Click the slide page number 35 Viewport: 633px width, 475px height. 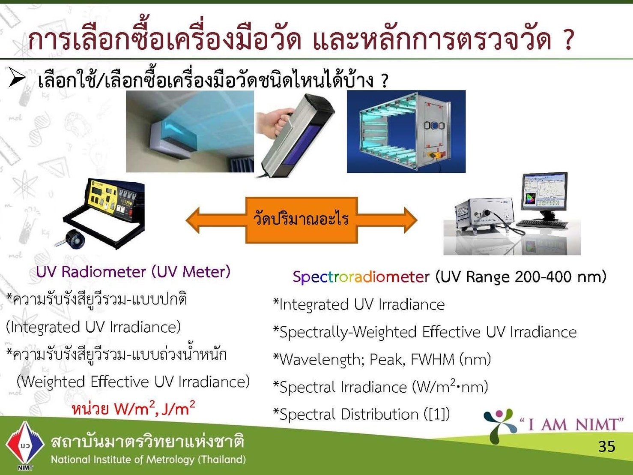(x=607, y=446)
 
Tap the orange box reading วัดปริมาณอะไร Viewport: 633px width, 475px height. (x=302, y=220)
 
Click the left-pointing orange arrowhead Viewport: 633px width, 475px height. (x=193, y=220)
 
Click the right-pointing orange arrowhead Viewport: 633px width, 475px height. (x=411, y=220)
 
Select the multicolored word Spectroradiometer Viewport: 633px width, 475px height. (x=361, y=277)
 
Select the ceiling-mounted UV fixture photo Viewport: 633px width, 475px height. (x=190, y=132)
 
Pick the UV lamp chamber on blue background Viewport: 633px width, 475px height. (x=406, y=132)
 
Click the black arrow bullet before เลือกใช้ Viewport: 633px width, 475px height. (x=17, y=77)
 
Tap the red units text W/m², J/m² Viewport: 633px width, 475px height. (x=133, y=408)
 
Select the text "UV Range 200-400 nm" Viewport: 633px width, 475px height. (x=521, y=277)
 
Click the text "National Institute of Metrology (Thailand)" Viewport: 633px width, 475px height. (x=149, y=459)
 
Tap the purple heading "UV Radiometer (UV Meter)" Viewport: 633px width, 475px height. (x=133, y=272)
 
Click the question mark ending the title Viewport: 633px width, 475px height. (x=567, y=39)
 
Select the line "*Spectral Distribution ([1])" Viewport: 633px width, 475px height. (x=361, y=415)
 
